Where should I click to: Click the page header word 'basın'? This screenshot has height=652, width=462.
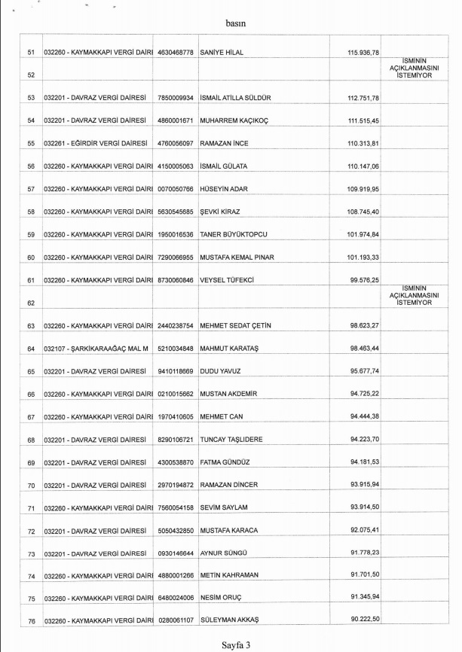[x=236, y=23]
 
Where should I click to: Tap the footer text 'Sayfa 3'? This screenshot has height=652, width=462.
[x=235, y=644]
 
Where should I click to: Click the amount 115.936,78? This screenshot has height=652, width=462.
[x=363, y=52]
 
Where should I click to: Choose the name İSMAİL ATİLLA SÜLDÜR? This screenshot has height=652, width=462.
[x=241, y=98]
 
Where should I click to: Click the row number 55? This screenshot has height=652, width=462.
[x=31, y=143]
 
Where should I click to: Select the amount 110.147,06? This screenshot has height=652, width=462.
[x=363, y=166]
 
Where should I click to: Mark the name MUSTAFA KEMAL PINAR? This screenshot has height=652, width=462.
[x=237, y=257]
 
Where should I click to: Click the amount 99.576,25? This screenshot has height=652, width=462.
[x=365, y=280]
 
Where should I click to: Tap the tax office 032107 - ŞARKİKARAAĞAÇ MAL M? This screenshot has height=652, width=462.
[x=94, y=349]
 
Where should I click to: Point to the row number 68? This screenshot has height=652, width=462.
[x=31, y=440]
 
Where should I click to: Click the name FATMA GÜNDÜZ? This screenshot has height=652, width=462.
[x=227, y=462]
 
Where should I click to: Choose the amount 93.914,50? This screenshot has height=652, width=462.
[x=365, y=507]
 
